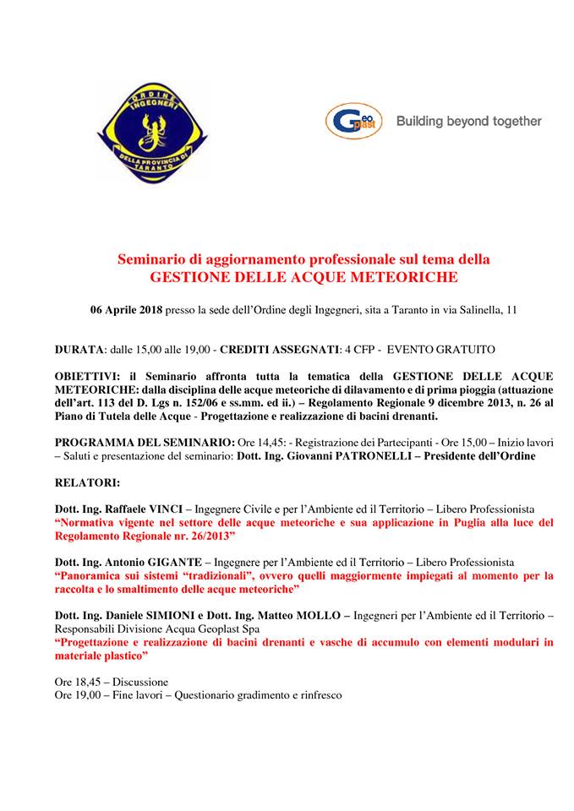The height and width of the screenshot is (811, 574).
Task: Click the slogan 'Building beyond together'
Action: (x=468, y=121)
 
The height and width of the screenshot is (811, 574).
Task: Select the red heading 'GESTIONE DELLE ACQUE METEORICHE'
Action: (x=303, y=276)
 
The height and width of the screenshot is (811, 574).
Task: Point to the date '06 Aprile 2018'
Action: (x=127, y=310)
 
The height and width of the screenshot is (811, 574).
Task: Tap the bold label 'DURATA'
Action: (x=79, y=348)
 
